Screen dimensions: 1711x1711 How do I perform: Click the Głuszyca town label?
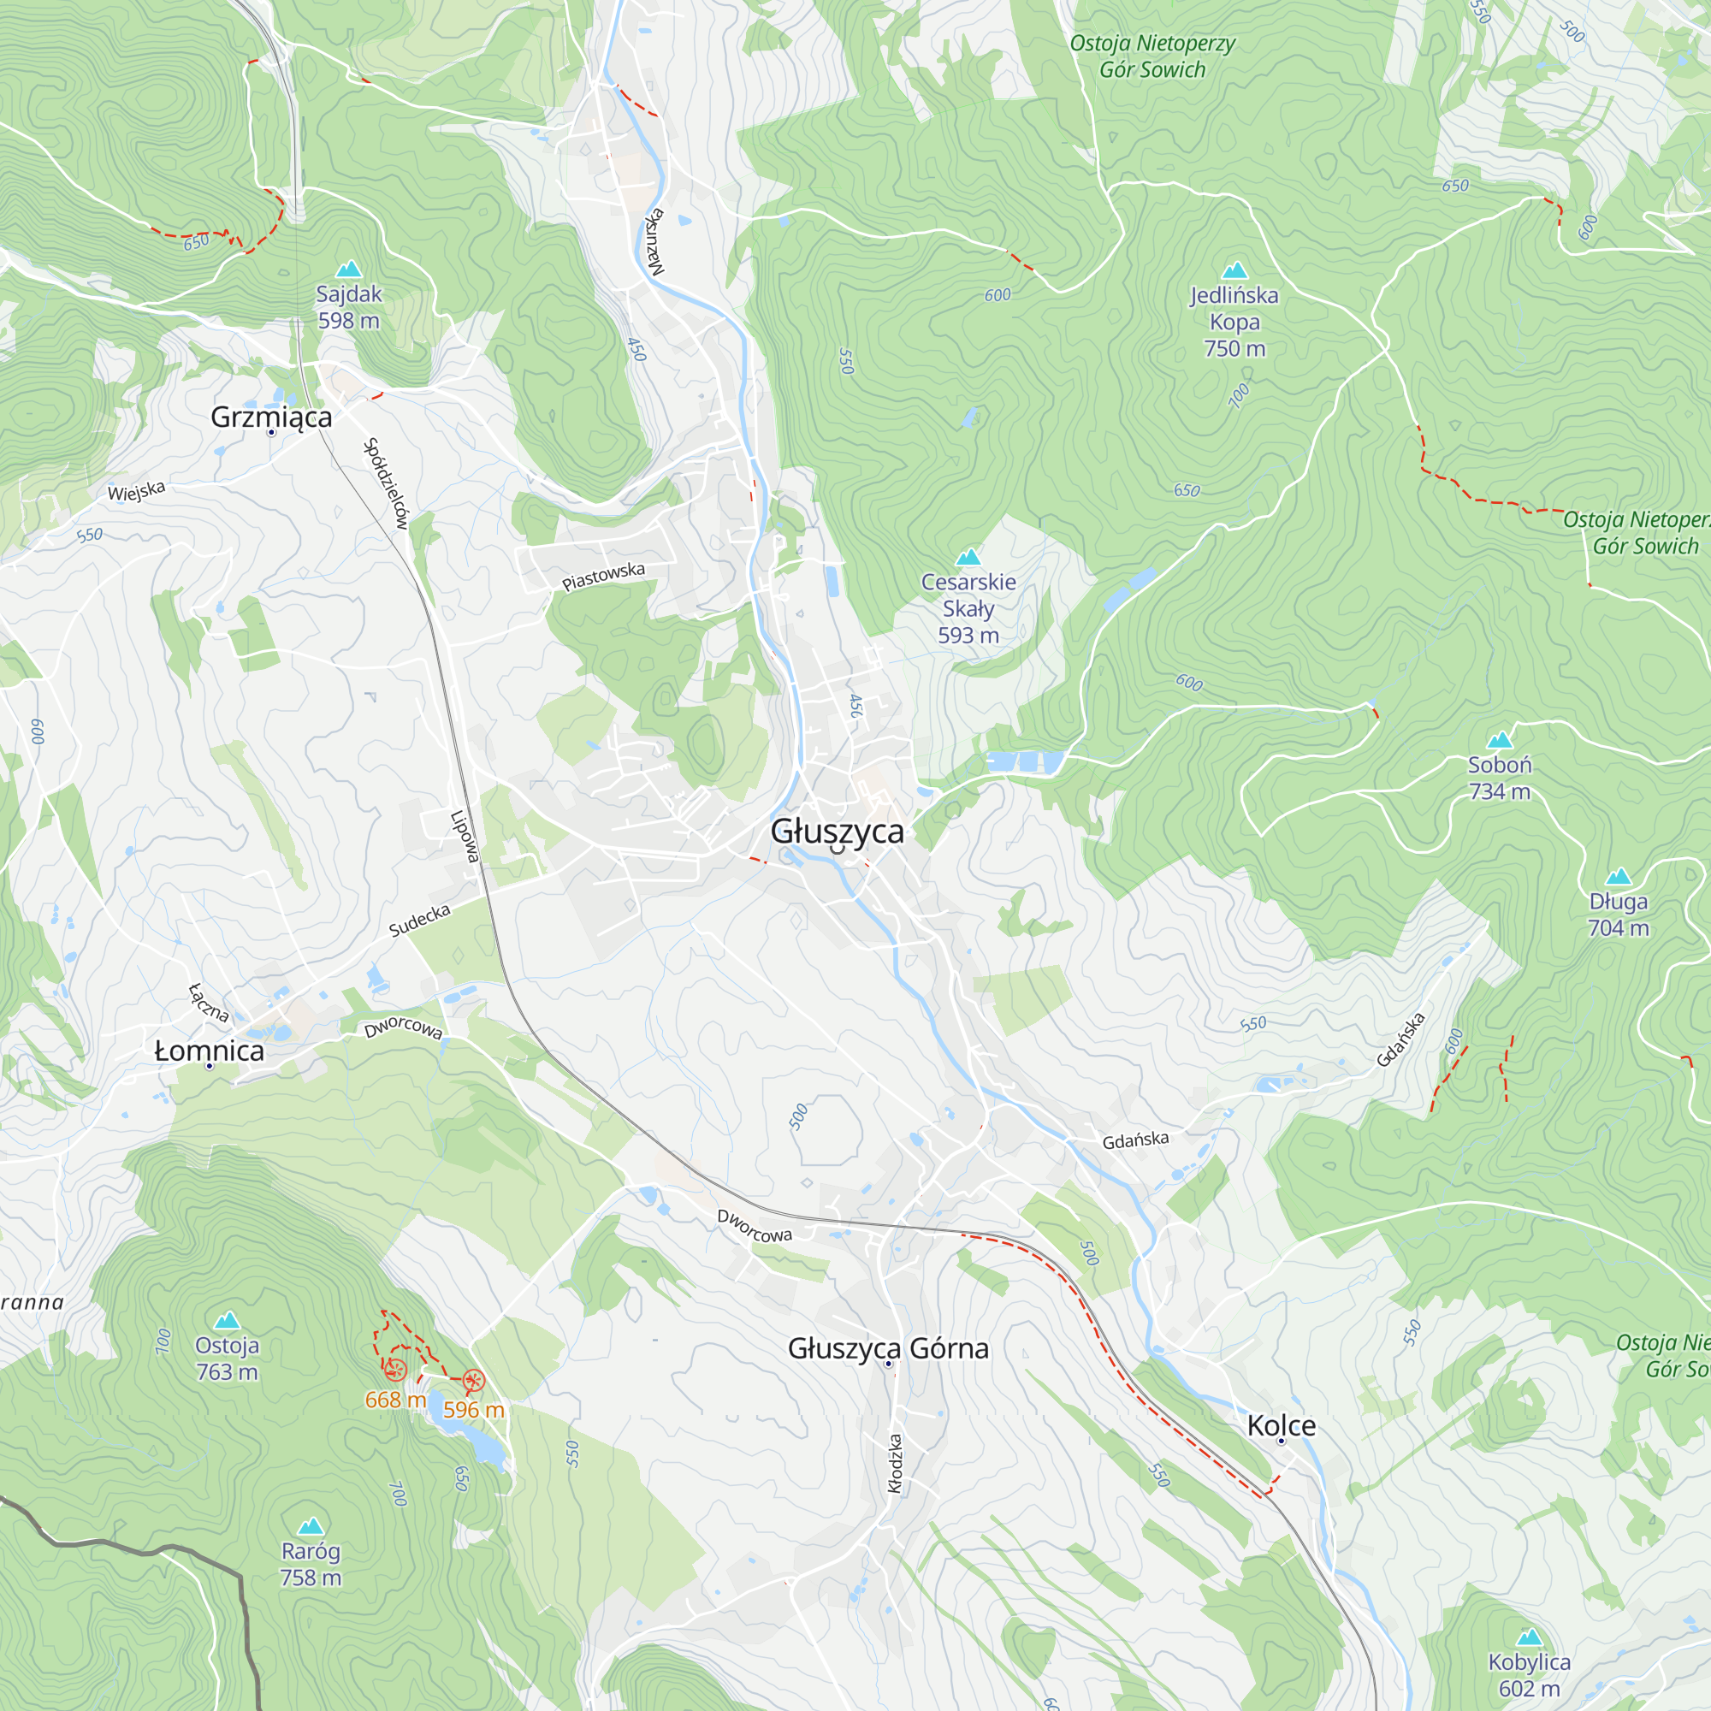pos(837,832)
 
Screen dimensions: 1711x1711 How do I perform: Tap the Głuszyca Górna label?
pos(888,1348)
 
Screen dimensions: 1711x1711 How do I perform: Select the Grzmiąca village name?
pos(271,417)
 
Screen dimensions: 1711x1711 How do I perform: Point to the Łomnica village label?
pos(209,1051)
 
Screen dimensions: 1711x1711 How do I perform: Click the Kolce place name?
pos(1281,1425)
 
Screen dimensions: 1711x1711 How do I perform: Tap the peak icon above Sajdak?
pos(349,269)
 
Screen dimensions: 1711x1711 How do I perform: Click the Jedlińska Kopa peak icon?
pos(1234,270)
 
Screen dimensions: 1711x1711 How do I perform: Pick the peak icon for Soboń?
pos(1500,739)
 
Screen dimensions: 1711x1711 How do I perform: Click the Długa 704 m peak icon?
pos(1618,877)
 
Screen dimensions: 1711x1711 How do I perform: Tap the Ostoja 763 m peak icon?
pos(228,1320)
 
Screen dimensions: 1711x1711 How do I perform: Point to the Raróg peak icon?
pos(310,1526)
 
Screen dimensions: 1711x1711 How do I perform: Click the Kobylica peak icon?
pos(1530,1637)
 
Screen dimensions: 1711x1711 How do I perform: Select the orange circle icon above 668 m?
pos(395,1370)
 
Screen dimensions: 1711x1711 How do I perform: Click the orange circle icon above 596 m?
pos(474,1381)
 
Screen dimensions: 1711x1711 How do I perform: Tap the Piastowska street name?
pos(603,577)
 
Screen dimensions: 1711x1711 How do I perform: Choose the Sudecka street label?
pos(420,921)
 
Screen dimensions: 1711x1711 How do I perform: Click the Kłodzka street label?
pos(896,1464)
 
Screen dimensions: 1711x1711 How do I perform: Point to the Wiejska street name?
pos(136,492)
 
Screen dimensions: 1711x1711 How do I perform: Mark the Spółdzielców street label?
pos(386,483)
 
